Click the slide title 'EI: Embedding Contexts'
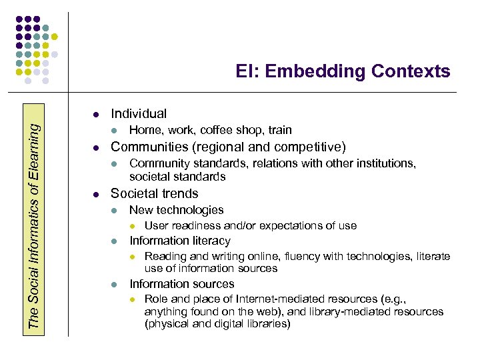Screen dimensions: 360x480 point(343,71)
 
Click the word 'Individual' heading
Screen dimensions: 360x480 point(139,114)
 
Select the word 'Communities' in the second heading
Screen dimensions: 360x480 point(147,147)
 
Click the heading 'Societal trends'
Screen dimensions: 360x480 point(154,194)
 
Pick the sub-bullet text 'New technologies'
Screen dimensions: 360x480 point(176,210)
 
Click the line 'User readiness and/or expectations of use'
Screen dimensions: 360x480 point(250,225)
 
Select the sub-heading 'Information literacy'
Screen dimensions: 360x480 point(179,241)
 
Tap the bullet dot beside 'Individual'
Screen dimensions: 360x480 point(96,114)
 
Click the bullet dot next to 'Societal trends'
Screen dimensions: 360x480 point(96,195)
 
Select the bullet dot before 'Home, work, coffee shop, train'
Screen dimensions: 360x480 point(114,131)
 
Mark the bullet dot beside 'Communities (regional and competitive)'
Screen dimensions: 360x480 point(96,147)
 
